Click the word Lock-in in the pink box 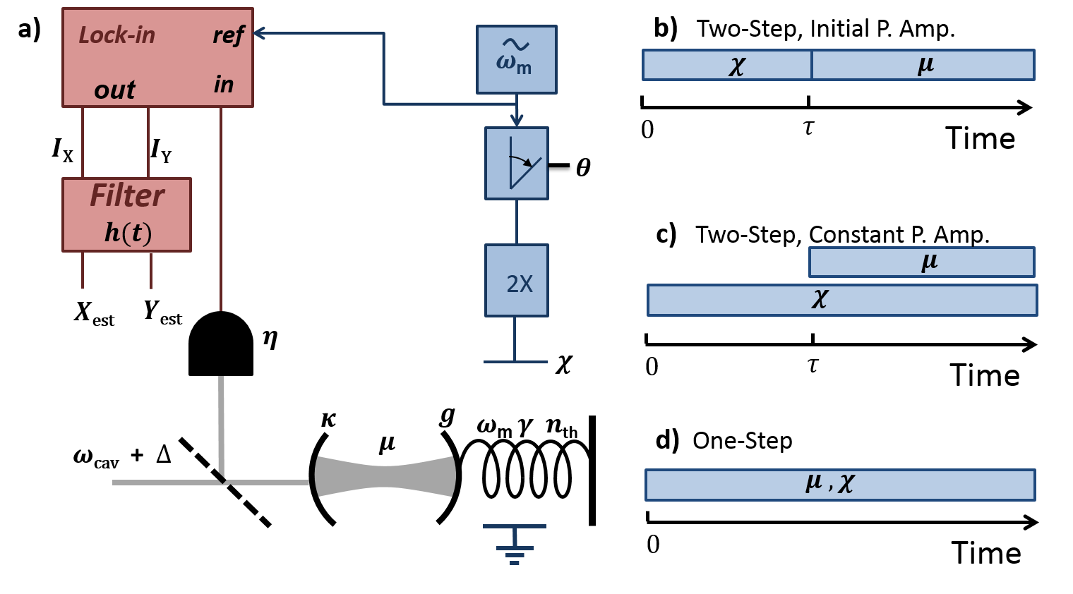coord(116,35)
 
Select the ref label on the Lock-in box coord(228,35)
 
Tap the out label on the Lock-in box coord(114,90)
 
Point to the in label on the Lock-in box coord(224,85)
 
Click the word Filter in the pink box coord(126,196)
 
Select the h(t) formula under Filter coord(128,233)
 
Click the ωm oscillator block coord(516,60)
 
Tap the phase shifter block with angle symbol coord(516,163)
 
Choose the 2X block coord(516,281)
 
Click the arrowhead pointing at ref coord(258,33)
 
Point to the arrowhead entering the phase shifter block coord(517,121)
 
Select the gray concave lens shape coord(385,476)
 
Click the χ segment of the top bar coord(727,65)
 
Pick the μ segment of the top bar coord(923,65)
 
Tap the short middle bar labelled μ coord(921,262)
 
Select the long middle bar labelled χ coord(841,301)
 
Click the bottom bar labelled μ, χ coord(840,485)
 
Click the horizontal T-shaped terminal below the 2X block coord(515,361)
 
